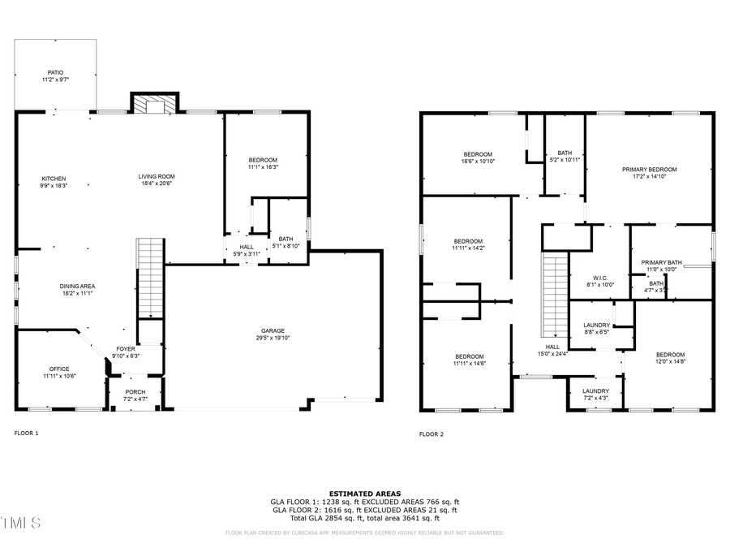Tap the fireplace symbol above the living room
point(153,104)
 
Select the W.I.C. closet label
point(600,281)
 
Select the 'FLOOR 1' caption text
point(26,434)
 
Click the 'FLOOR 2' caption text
point(432,434)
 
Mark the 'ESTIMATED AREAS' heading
point(364,494)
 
